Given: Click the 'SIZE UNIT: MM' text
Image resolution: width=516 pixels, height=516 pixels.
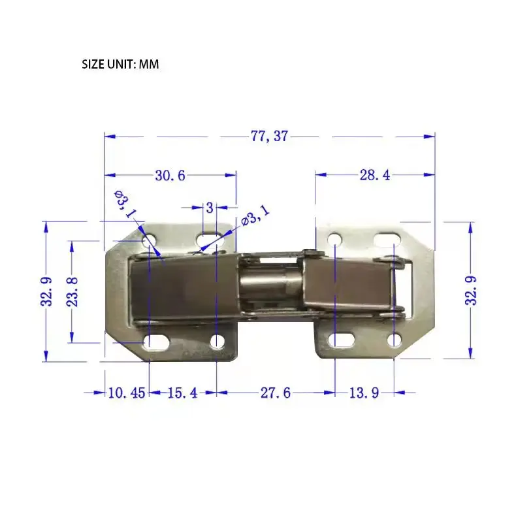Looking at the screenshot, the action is coord(120,64).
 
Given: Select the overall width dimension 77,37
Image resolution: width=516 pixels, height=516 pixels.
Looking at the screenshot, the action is coord(269,136).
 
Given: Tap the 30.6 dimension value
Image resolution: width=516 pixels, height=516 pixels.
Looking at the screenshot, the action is coord(170,176).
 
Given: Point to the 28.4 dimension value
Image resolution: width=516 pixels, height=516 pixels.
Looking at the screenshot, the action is coord(374,175).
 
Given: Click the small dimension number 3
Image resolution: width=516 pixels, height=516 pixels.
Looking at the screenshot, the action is coord(210,208).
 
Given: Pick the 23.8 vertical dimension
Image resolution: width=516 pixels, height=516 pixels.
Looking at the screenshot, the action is coord(73,292).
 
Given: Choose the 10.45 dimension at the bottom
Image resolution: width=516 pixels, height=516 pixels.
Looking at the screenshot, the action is coord(127,393).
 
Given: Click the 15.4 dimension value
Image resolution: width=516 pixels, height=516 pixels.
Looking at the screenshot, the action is coord(183,393).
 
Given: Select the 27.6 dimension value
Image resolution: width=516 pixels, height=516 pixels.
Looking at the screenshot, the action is coord(276,393).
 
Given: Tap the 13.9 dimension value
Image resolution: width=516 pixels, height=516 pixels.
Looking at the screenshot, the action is coord(364,393).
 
